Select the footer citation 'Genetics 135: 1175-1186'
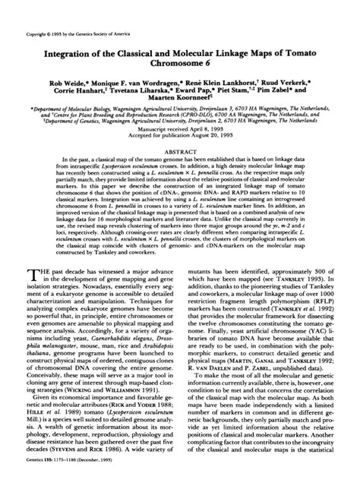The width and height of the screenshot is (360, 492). pos(62,481)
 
